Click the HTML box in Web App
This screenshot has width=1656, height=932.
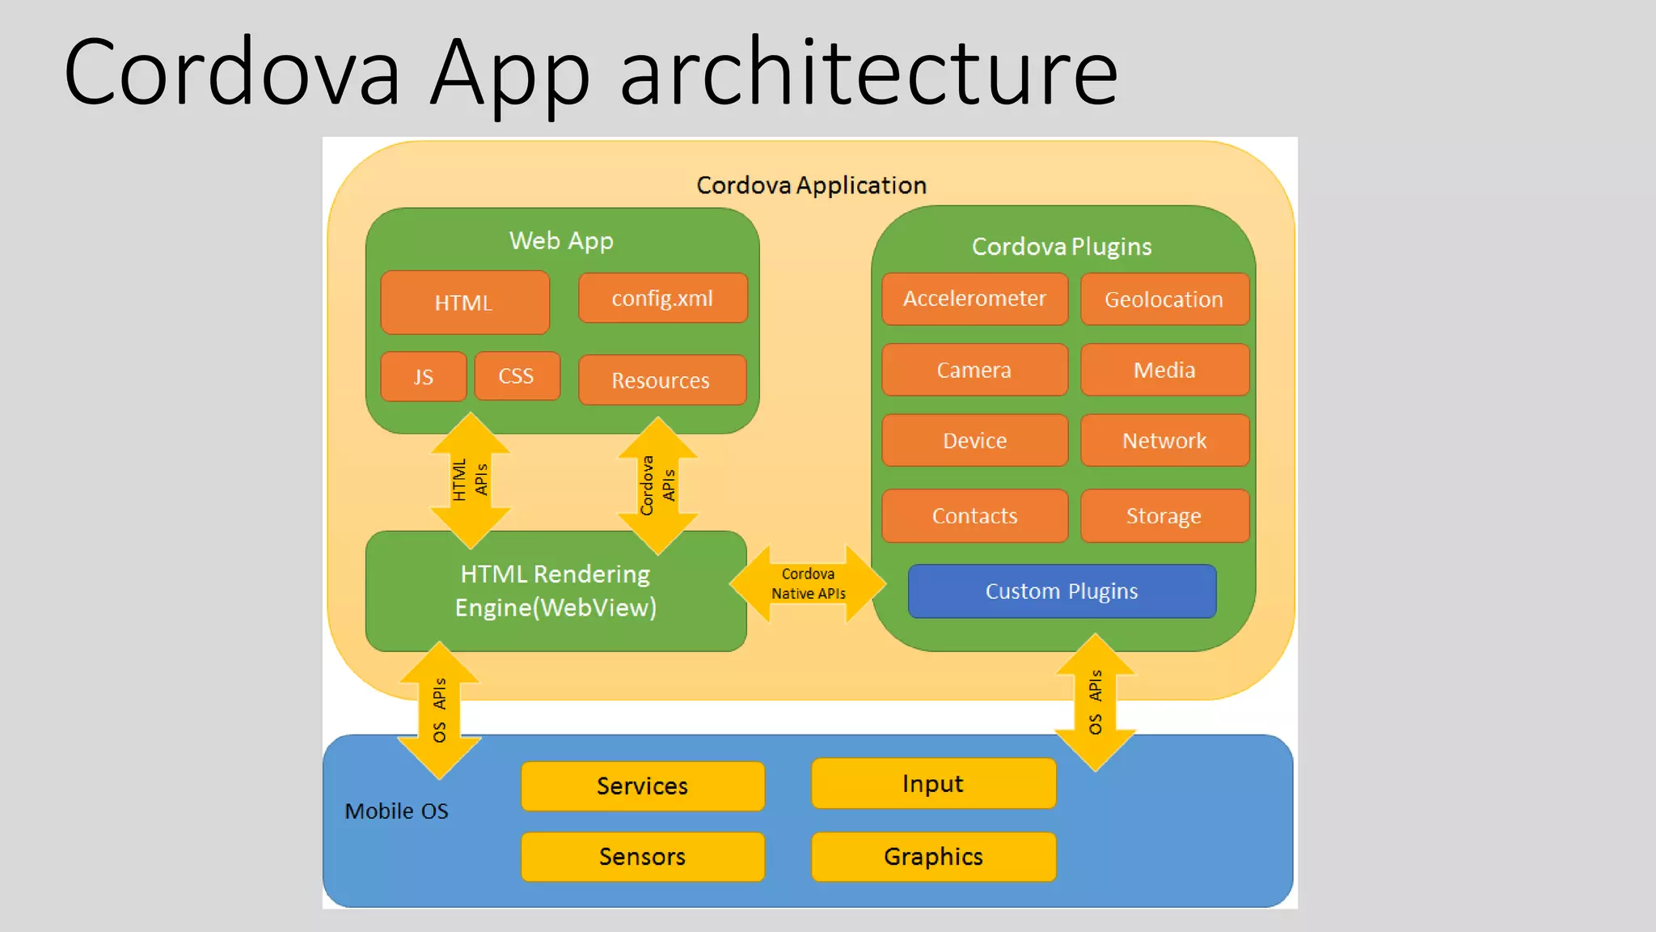click(465, 303)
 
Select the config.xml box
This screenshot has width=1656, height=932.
click(662, 299)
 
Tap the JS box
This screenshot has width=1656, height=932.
click(424, 376)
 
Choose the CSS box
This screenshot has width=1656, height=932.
click(517, 375)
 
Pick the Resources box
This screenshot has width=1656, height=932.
click(661, 380)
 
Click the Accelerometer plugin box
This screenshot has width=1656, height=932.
click(974, 299)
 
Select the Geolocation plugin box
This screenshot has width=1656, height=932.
click(1164, 299)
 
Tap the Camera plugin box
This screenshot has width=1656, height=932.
click(974, 370)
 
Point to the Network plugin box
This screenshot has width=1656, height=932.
click(1164, 440)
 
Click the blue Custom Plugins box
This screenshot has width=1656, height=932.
click(1062, 591)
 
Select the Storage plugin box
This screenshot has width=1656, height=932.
click(1164, 515)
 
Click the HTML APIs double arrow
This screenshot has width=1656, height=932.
click(471, 481)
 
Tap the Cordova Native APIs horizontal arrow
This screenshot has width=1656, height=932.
click(808, 583)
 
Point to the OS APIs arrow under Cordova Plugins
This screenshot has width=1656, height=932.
click(1096, 702)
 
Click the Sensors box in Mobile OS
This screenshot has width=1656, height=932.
click(643, 856)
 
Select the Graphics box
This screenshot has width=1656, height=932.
click(934, 856)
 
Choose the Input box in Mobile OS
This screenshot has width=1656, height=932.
click(934, 783)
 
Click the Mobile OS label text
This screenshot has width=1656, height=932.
click(396, 811)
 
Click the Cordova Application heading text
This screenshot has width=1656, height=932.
click(811, 185)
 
